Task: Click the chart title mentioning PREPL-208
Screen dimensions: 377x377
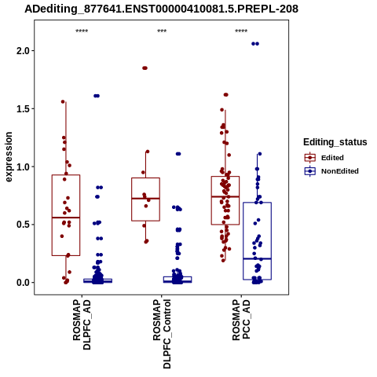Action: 161,9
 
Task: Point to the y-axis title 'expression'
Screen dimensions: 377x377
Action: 9,157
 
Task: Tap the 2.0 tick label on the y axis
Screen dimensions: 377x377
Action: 22,51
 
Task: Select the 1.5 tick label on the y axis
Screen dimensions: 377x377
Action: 22,109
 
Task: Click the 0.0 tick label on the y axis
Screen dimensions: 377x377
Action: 22,283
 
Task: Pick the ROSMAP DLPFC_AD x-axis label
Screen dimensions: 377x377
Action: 82,324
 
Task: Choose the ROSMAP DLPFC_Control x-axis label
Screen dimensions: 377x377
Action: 162,334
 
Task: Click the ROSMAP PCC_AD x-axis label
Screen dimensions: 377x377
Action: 241,320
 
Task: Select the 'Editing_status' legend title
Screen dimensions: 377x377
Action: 335,142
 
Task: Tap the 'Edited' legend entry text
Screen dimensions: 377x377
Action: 332,158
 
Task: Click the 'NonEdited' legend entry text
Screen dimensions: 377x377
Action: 340,171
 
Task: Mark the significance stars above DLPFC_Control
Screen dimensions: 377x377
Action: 162,31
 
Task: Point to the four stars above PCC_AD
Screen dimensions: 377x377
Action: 241,31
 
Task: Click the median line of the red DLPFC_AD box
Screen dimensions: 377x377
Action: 66,218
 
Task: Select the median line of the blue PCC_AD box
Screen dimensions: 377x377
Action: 257,258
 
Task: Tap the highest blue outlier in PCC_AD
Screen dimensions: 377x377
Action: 255,44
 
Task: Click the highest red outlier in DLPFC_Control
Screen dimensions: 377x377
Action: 145,68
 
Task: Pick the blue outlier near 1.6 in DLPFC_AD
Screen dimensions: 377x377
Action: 97,96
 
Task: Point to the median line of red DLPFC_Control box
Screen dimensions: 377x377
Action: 145,199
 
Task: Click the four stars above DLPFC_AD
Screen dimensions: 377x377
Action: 82,31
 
